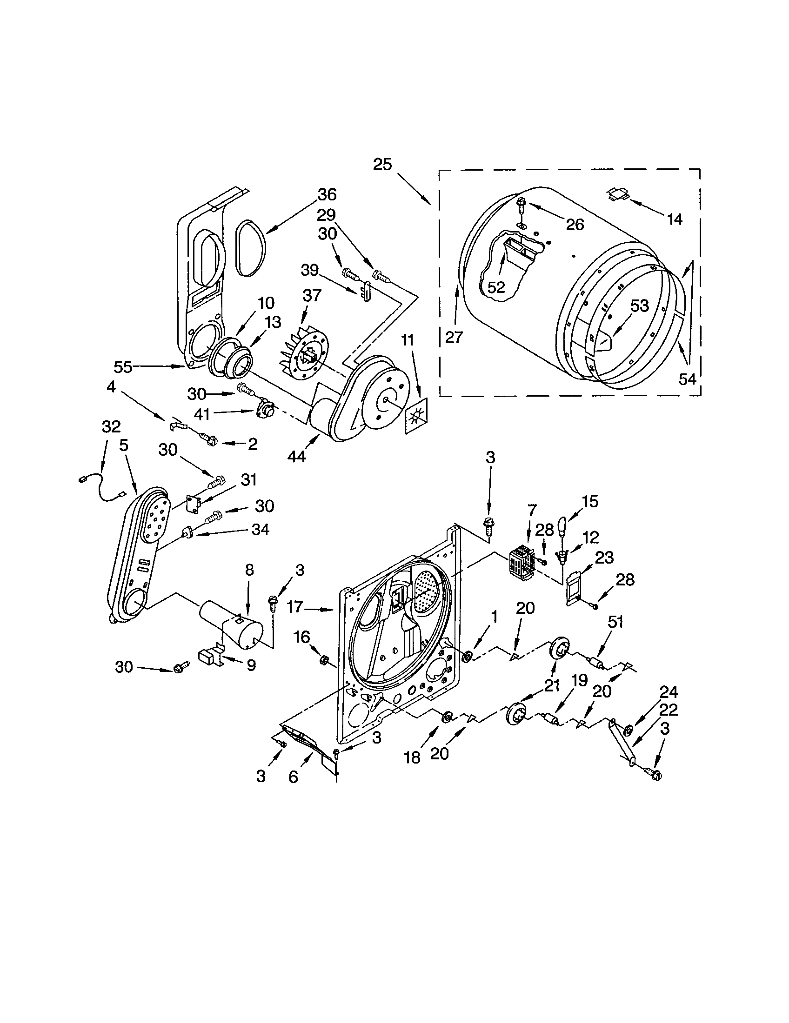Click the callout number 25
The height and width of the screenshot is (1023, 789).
(382, 165)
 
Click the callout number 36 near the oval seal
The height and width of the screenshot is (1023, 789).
(328, 194)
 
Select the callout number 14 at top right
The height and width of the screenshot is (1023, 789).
(675, 219)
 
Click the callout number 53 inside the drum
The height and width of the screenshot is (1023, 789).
(640, 306)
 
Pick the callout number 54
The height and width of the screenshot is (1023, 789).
(687, 379)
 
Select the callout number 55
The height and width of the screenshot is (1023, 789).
(123, 367)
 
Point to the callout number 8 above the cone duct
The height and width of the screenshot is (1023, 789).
(249, 570)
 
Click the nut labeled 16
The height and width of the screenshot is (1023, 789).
(324, 660)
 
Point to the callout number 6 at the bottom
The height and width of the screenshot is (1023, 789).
(293, 777)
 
